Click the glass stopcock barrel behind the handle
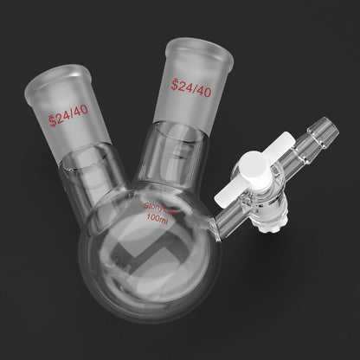(x=275, y=195)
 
